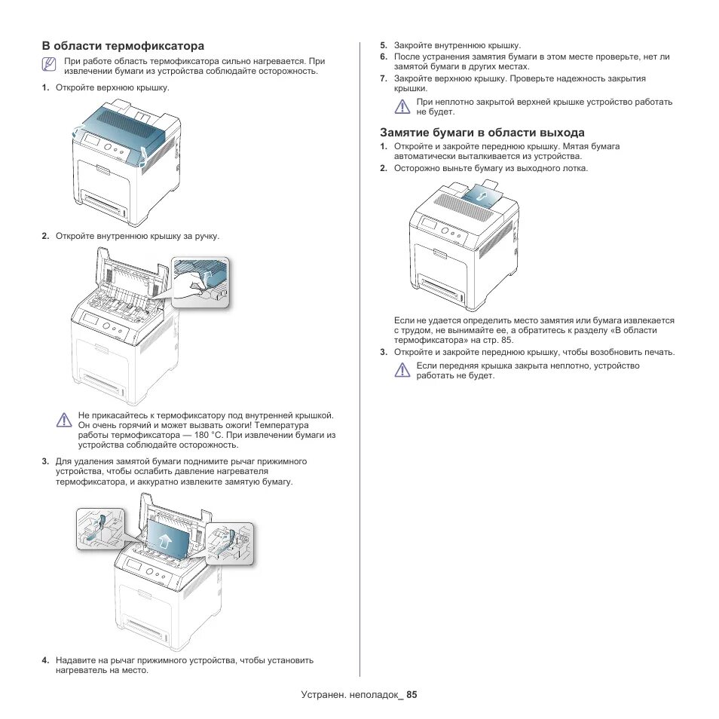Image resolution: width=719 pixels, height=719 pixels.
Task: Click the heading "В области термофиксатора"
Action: click(x=123, y=46)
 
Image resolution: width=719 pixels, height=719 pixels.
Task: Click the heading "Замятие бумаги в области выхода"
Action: click(x=482, y=133)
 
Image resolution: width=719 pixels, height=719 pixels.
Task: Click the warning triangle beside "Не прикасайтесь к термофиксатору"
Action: click(x=65, y=421)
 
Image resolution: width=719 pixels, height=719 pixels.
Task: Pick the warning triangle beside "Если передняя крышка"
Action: click(x=402, y=370)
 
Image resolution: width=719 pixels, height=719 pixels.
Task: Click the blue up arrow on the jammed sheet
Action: click(x=165, y=540)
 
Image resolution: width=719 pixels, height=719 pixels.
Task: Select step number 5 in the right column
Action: click(x=383, y=46)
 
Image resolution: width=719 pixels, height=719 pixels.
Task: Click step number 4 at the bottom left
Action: click(x=45, y=660)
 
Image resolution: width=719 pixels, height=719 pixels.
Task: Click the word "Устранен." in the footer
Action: click(x=323, y=695)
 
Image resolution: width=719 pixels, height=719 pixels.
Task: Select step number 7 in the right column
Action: click(x=383, y=78)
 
